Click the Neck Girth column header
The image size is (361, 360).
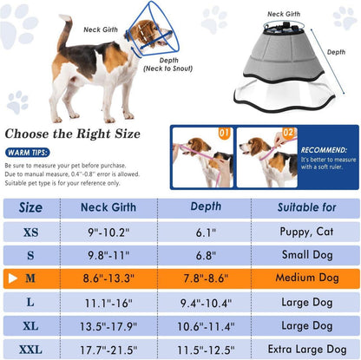[x=108, y=207]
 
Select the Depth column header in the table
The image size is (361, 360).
[x=206, y=206]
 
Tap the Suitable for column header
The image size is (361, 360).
[x=306, y=207]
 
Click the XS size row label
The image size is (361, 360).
[x=30, y=232]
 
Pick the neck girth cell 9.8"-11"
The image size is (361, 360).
[x=108, y=255]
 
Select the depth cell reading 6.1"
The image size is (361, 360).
[x=206, y=232]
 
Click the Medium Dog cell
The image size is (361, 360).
[x=307, y=278]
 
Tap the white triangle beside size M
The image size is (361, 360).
[x=13, y=278]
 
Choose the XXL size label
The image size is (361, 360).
[x=30, y=350]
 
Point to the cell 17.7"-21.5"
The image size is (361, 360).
[x=108, y=350]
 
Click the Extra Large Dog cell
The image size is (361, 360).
[x=307, y=350]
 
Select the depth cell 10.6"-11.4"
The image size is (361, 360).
[x=206, y=326]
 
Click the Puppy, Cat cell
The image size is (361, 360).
[x=306, y=232]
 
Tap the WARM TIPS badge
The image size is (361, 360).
[x=28, y=153]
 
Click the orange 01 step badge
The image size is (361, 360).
[x=224, y=134]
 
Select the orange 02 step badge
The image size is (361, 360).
[x=288, y=133]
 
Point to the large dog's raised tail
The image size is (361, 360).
[x=65, y=31]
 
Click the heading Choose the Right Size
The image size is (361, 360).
[x=73, y=134]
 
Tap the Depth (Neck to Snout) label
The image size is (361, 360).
[x=168, y=64]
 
